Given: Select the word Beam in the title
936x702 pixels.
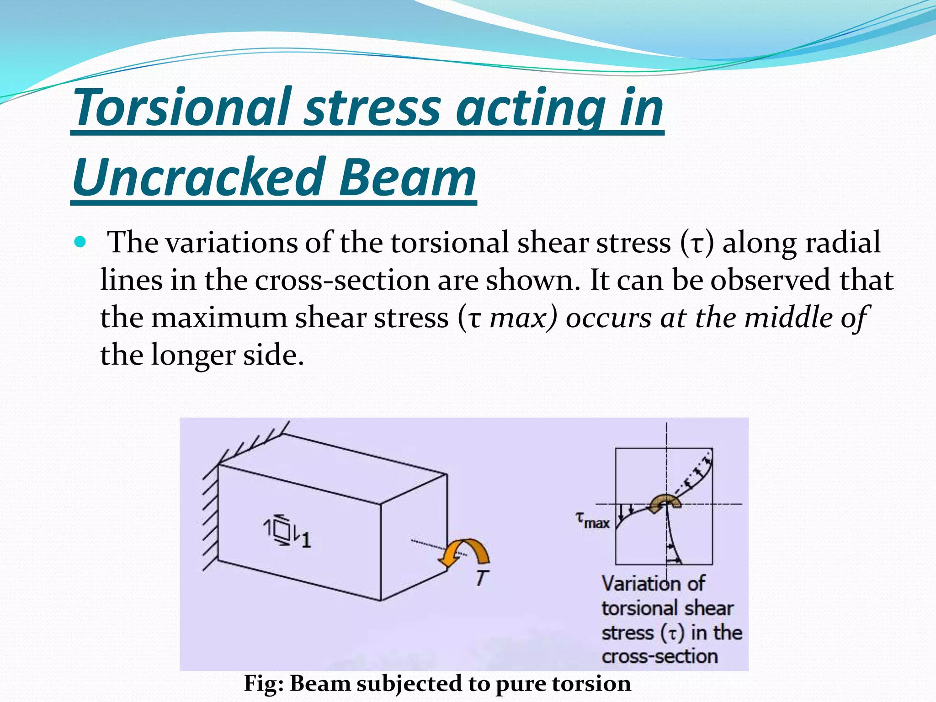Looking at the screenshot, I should coord(407,177).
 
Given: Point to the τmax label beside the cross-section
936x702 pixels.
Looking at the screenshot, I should coord(592,520).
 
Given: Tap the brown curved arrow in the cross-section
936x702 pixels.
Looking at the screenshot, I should coord(665,503).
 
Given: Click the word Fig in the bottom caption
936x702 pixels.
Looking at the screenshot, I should coord(262,684).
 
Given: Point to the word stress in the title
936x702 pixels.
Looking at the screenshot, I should coord(372,107).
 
